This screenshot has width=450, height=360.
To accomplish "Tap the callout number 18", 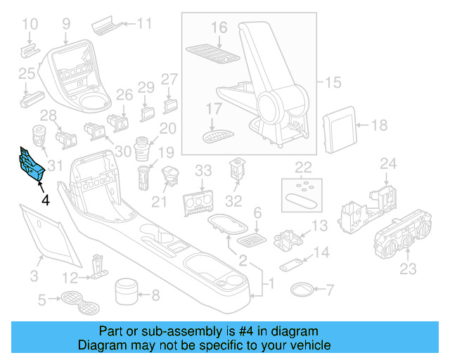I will click(379, 126).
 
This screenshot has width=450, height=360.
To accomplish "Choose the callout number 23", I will click(408, 269).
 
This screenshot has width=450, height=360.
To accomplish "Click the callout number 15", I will click(332, 82).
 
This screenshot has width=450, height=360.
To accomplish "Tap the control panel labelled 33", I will click(198, 200).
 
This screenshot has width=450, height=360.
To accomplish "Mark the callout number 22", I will click(303, 167).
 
